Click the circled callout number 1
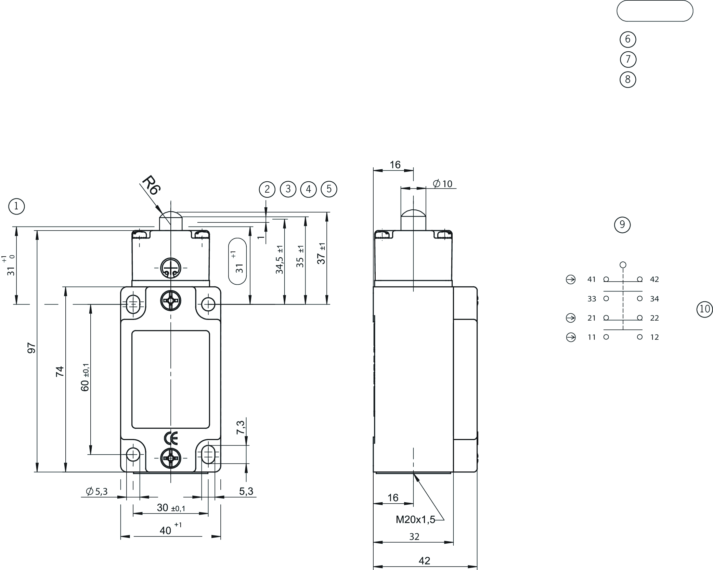coord(16,207)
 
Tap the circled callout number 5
coord(329,189)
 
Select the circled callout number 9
coord(622,224)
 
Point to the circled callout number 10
coord(704,309)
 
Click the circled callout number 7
coord(628,60)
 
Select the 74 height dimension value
coord(60,371)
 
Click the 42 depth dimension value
coord(424,561)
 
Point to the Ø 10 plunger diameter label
coord(443,184)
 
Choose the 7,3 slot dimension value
coord(241,427)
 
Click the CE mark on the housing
coord(171,438)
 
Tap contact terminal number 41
coord(592,280)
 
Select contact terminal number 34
coord(654,299)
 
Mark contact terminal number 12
coord(654,337)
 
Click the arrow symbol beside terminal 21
coord(571,318)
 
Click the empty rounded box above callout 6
coord(655,11)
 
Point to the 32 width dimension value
coord(414,537)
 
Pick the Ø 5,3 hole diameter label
coord(97,492)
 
